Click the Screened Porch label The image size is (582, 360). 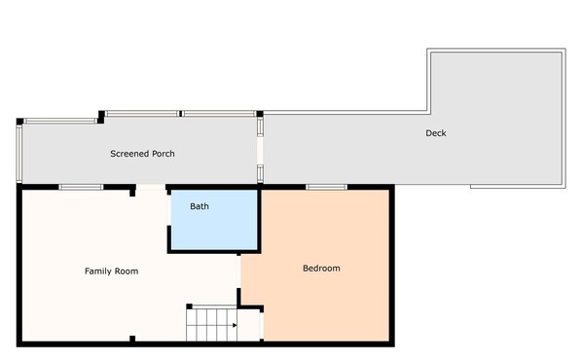(x=142, y=154)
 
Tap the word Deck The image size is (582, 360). (x=435, y=133)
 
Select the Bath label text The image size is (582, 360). (x=200, y=206)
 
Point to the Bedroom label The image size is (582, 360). (x=321, y=269)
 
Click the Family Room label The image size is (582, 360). (x=111, y=271)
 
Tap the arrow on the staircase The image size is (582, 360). (x=235, y=326)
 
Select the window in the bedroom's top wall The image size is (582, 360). (x=326, y=187)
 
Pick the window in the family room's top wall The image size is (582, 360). (x=81, y=187)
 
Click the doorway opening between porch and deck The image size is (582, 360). (x=260, y=151)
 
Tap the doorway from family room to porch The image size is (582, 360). (x=151, y=188)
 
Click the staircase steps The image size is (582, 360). (x=211, y=324)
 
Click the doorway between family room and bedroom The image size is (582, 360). (x=238, y=271)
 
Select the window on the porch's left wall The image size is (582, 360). (x=18, y=153)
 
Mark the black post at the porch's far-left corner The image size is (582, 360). (x=19, y=122)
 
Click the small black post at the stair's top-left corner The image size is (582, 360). (x=190, y=306)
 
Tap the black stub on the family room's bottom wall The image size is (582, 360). (x=132, y=339)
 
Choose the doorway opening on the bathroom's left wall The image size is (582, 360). (x=169, y=210)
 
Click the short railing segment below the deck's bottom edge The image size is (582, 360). (x=518, y=186)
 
